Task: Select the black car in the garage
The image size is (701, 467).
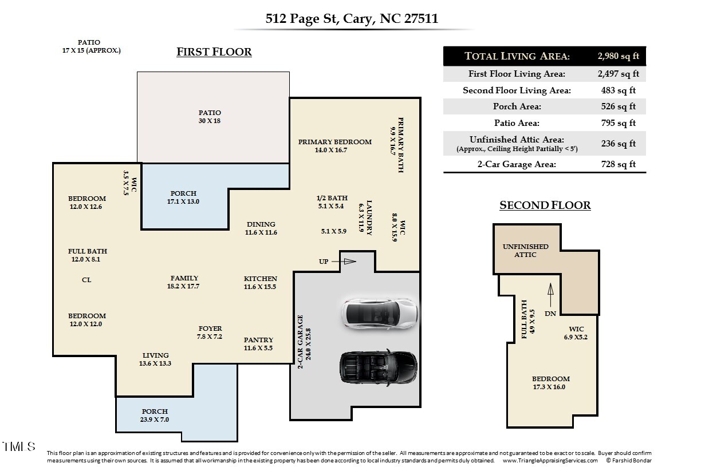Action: (x=379, y=366)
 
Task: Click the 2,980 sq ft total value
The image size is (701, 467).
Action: (x=619, y=56)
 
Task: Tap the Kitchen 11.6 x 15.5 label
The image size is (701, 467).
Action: (x=260, y=283)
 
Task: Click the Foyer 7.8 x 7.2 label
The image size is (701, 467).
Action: (x=210, y=333)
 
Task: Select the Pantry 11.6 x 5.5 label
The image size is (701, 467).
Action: (x=258, y=344)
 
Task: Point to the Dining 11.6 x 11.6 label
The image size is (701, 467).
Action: (x=261, y=228)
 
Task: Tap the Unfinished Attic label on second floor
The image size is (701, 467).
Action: (x=525, y=251)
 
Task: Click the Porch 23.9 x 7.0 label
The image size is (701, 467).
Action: (x=155, y=415)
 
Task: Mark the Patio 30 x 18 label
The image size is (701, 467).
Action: (x=210, y=117)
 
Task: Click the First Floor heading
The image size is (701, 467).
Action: (x=214, y=52)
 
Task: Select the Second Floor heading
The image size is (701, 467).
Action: (x=545, y=205)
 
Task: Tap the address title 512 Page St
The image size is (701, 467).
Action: (x=352, y=18)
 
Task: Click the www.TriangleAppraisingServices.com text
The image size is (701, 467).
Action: (x=550, y=461)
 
